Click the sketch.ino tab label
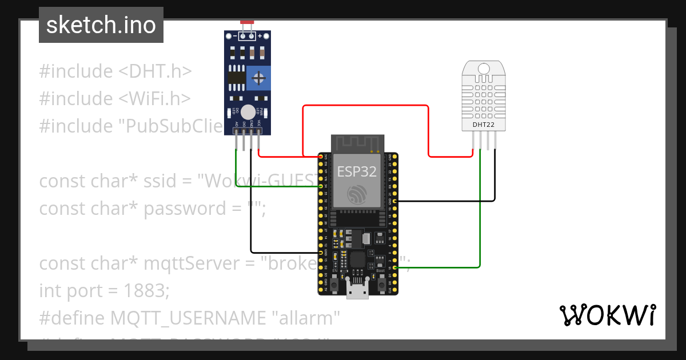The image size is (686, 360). (x=101, y=25)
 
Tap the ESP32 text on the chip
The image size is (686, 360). (x=357, y=171)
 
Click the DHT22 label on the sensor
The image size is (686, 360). (x=483, y=124)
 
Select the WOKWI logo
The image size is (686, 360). (x=607, y=315)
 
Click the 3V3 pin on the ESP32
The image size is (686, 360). (x=321, y=156)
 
